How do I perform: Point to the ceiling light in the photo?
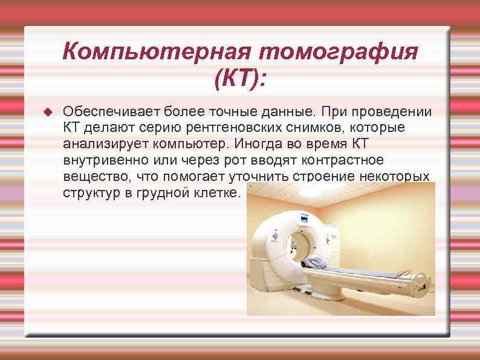[313, 192]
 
